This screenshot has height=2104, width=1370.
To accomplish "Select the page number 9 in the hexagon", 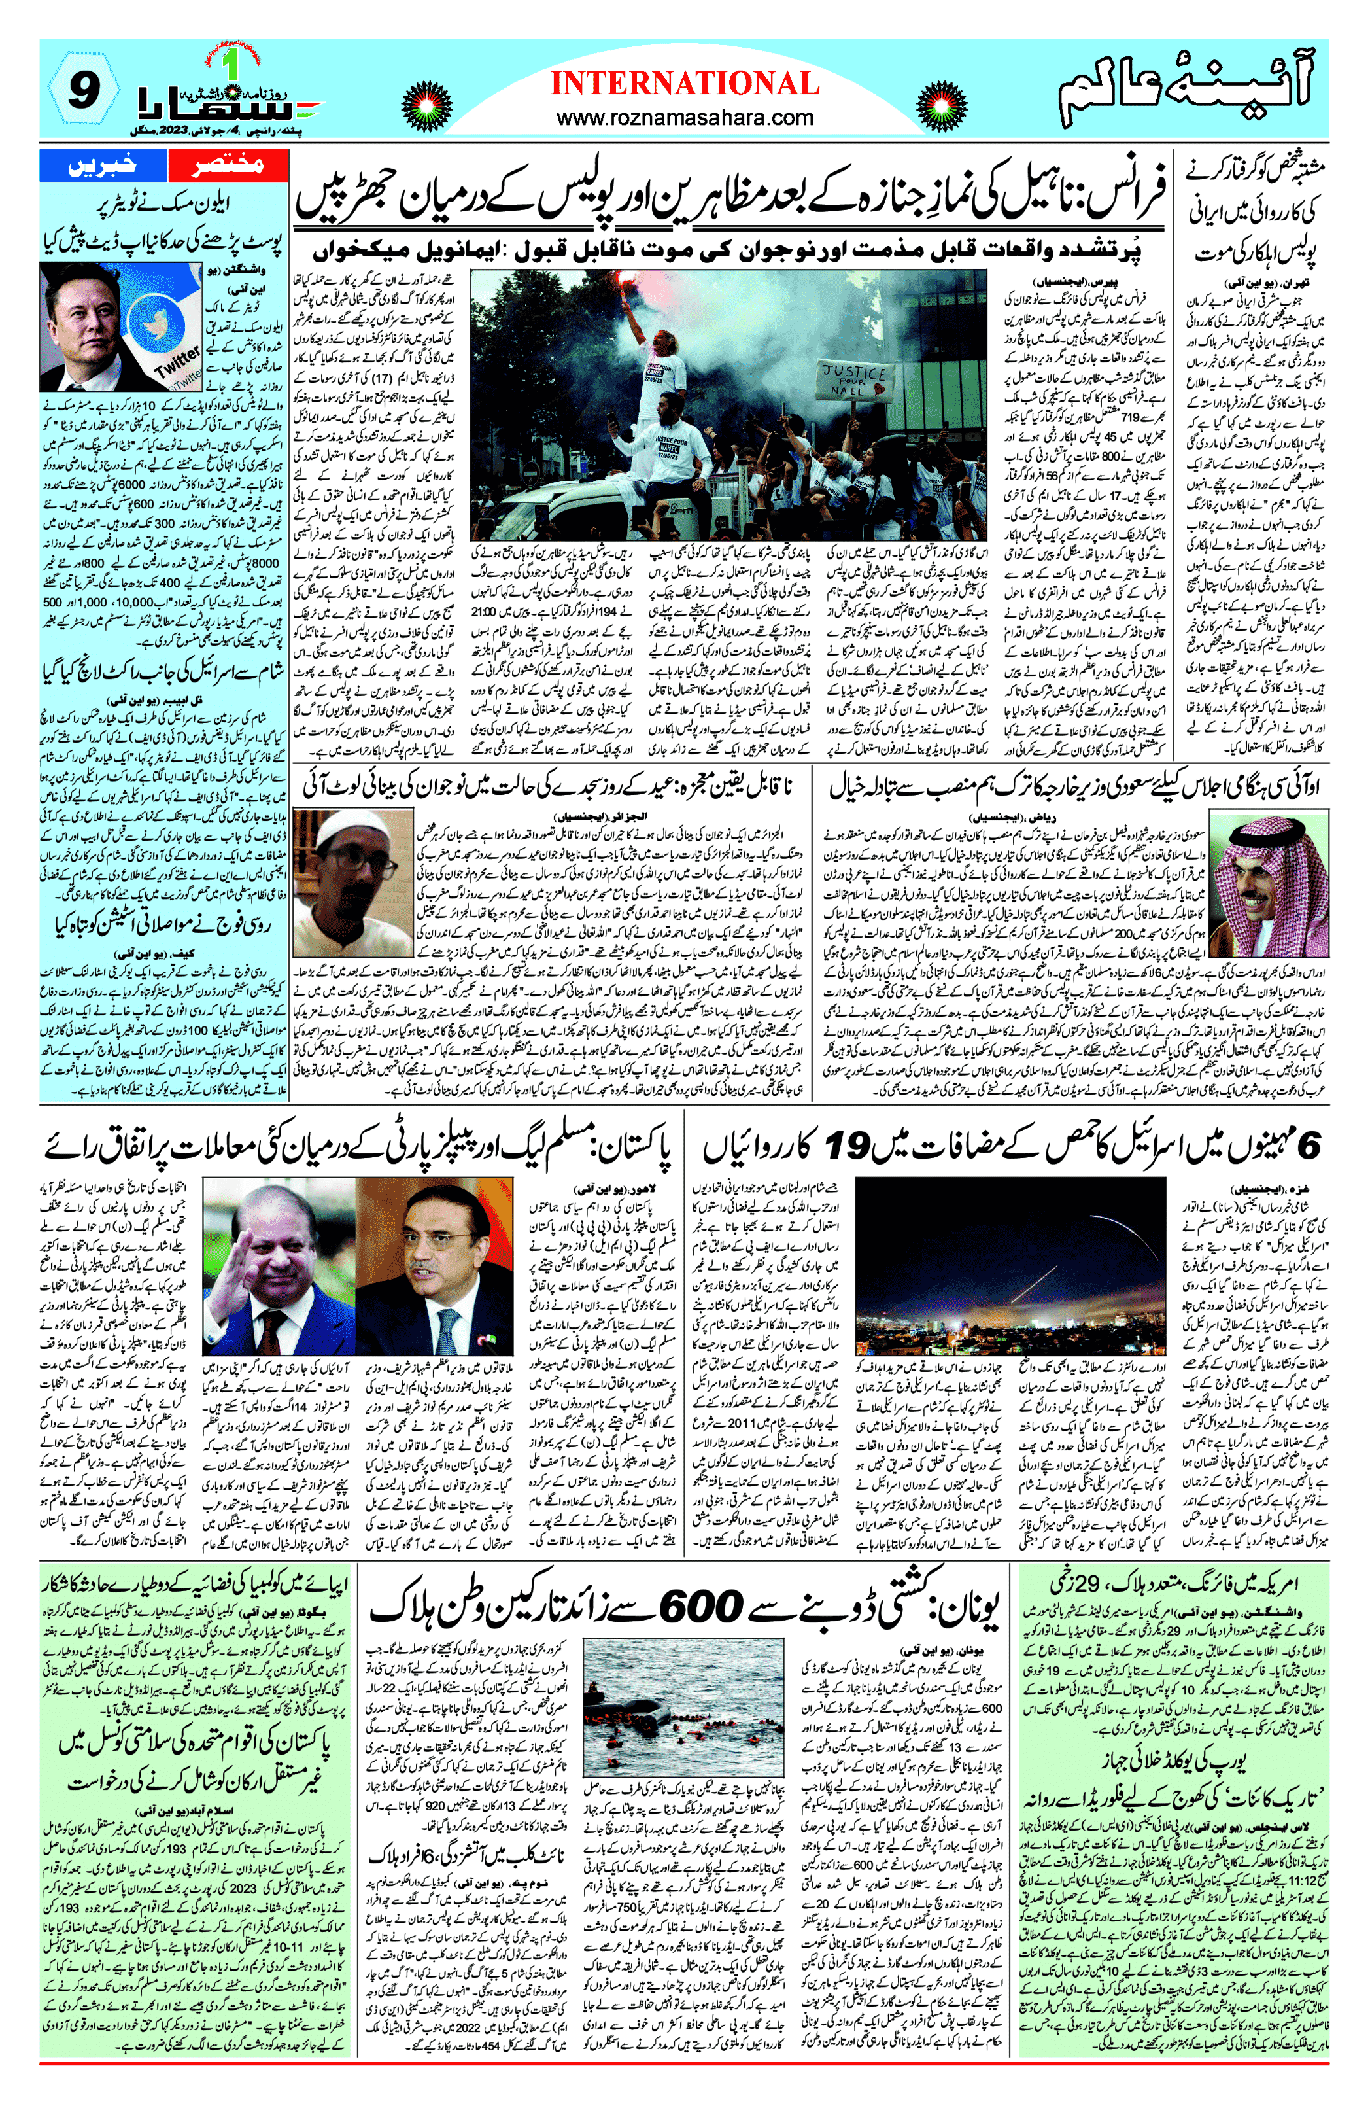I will click(x=80, y=90).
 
